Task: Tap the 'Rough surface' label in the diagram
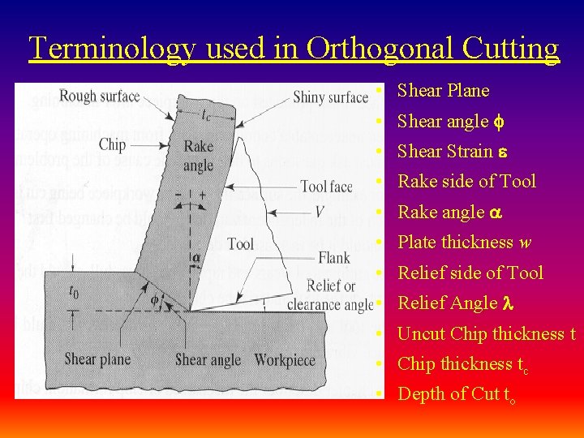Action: coord(100,97)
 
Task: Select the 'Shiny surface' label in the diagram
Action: coord(330,97)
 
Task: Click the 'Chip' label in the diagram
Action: coord(112,144)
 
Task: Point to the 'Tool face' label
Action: coord(326,187)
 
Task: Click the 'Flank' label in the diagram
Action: coord(334,258)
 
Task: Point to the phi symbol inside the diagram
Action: coord(155,298)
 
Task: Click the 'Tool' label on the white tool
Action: coord(240,243)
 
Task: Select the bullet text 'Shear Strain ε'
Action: coord(450,152)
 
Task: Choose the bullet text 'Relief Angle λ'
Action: coord(457,303)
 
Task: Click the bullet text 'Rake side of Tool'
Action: coord(466,182)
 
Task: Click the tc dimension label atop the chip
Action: coord(208,114)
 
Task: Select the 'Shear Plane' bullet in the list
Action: coord(443,91)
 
